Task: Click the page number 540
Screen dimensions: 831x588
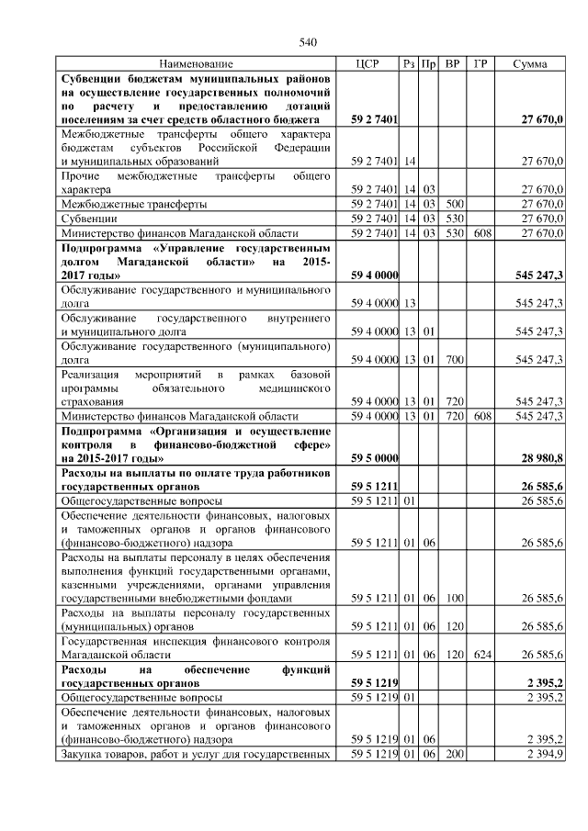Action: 308,42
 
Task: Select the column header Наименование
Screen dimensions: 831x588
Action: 196,64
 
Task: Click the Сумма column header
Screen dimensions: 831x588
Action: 530,64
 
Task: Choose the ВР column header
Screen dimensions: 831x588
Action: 452,64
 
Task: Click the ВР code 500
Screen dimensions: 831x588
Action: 452,203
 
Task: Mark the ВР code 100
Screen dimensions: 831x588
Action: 452,598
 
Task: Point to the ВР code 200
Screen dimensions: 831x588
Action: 452,754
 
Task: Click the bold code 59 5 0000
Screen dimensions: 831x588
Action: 374,457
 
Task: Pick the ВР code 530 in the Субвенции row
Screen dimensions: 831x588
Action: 452,219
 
